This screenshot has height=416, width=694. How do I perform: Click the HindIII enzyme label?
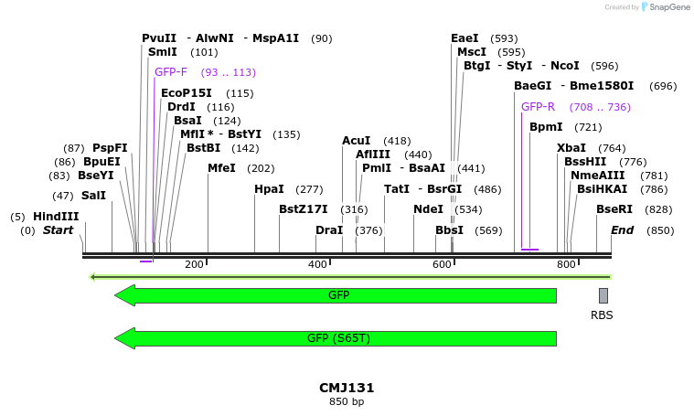[57, 217]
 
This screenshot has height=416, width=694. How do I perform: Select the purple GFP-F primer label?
[171, 72]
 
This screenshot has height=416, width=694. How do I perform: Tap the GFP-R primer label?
[538, 107]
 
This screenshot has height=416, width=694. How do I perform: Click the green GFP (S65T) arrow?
[336, 338]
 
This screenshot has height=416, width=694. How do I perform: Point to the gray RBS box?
[603, 295]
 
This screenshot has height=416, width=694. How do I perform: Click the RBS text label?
[603, 315]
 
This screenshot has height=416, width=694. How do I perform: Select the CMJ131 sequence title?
[347, 388]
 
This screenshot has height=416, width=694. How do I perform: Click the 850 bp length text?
[347, 401]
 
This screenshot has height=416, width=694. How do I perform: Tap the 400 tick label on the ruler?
[317, 264]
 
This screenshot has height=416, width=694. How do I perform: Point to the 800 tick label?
[566, 264]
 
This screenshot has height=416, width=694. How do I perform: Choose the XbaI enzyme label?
[571, 148]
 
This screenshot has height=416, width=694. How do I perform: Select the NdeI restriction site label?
[428, 209]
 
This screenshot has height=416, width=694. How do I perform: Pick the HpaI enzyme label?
[269, 189]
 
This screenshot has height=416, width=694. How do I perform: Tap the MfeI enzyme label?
[221, 168]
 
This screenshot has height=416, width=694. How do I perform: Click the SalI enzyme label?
[93, 196]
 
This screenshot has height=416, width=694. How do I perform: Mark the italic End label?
[623, 230]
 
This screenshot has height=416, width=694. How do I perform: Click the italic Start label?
[58, 230]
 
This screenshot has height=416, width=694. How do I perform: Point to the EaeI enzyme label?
[464, 38]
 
